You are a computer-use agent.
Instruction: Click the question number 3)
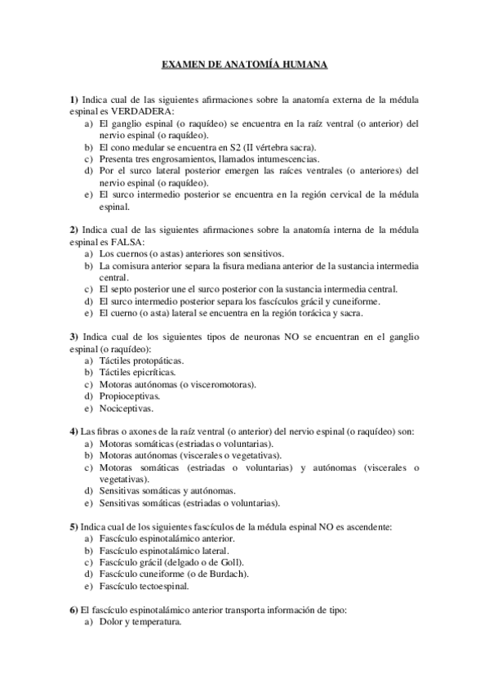coord(73,336)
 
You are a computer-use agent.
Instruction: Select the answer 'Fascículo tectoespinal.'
coord(142,586)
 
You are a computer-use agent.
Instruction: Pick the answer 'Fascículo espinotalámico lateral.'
coord(162,550)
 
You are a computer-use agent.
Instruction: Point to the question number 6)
coord(73,610)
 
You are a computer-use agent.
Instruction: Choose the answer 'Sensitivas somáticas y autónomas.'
coord(167,490)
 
